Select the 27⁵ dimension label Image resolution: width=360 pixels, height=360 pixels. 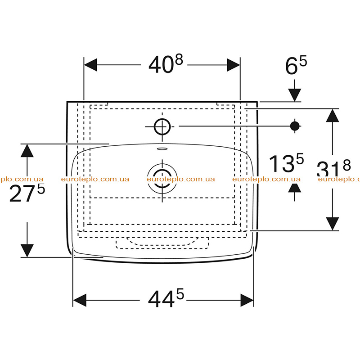click(x=27, y=193)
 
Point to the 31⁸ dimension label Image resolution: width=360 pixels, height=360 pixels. click(x=333, y=169)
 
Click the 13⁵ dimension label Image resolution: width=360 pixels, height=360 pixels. click(x=286, y=163)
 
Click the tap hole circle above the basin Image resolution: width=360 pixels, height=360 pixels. click(x=162, y=126)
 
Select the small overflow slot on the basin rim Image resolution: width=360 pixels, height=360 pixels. click(x=162, y=149)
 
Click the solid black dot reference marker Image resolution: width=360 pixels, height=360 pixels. click(x=295, y=126)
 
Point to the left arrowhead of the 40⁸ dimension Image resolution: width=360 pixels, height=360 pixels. click(x=91, y=65)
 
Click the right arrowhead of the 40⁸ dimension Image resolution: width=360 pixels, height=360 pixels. click(x=233, y=65)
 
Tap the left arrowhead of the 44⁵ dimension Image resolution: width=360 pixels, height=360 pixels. click(x=80, y=300)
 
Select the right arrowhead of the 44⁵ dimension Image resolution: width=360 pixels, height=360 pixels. click(x=247, y=300)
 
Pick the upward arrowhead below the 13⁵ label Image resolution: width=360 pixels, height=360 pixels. click(x=295, y=188)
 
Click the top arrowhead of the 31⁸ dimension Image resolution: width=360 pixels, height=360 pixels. click(x=333, y=116)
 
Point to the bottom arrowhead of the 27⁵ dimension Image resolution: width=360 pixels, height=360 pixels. click(x=27, y=251)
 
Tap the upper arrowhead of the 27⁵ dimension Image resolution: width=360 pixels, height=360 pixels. click(x=27, y=151)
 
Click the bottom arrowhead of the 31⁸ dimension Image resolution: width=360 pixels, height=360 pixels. click(x=333, y=224)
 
